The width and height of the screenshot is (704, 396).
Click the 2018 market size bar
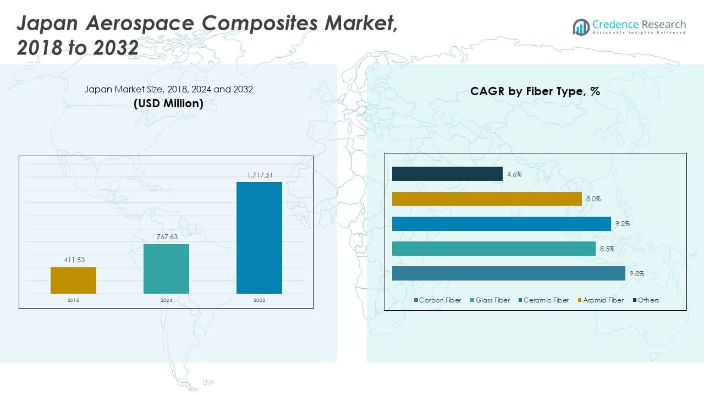73,280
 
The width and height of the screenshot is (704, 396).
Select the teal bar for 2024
166,269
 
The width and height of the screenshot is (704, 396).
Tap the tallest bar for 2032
259,238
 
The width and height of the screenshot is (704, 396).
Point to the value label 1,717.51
259,175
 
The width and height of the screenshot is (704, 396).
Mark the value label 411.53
73,260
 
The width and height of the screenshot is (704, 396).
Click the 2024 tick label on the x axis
166,300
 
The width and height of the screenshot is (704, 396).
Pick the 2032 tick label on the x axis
259,300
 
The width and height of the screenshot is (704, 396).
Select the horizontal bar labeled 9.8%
508,273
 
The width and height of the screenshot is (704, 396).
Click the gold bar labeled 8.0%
487,199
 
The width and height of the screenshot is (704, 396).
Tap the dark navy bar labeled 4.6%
447,174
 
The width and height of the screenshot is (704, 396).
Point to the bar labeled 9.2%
501,224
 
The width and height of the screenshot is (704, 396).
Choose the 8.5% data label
607,249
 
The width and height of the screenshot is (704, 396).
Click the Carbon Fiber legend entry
437,300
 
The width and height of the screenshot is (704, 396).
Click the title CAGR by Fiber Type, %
535,92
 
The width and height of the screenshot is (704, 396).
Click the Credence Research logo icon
581,26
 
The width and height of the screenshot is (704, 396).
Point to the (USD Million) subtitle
168,103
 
